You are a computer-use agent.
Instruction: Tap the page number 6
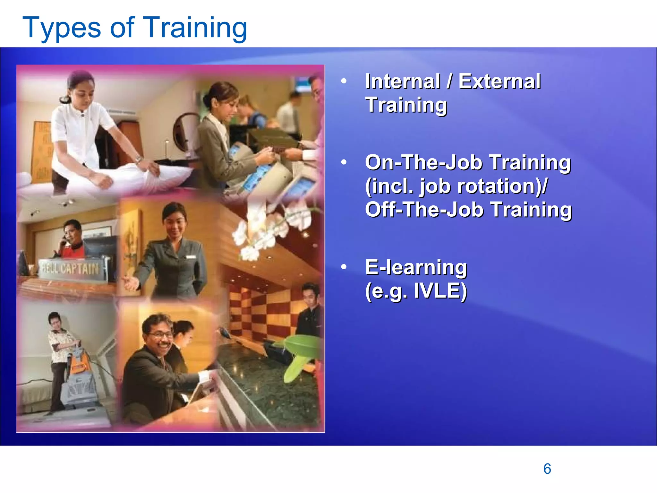point(547,469)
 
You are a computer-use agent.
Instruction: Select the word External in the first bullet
point(499,82)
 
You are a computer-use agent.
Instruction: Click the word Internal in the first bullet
point(403,82)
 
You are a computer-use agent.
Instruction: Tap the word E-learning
point(416,267)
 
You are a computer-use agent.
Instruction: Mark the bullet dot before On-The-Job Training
point(344,162)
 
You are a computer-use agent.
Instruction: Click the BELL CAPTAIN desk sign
point(71,268)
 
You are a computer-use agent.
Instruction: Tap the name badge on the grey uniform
point(191,257)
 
